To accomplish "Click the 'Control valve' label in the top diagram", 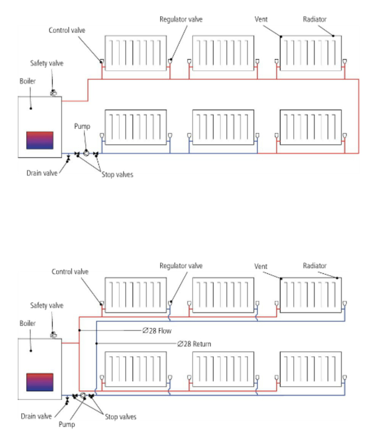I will [x=67, y=30].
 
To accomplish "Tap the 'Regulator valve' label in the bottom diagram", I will [x=181, y=266].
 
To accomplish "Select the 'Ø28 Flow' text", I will [x=157, y=331].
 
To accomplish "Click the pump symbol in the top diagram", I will [x=86, y=153].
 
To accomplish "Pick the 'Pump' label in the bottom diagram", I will [x=67, y=424].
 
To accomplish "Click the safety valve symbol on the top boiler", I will [x=53, y=93].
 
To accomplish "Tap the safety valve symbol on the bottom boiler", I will [x=53, y=335].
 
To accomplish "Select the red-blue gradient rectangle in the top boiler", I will [x=40, y=141].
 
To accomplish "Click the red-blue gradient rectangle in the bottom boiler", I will [x=40, y=382].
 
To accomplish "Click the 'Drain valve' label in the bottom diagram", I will [x=36, y=416].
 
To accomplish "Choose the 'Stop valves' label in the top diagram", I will [x=117, y=175].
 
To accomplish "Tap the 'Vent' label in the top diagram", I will [x=261, y=19].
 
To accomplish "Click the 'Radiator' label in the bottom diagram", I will [x=315, y=266].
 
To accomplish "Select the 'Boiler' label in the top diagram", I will [x=27, y=81].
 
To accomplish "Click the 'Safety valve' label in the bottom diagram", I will [x=47, y=306].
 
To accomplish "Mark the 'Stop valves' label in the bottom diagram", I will [x=120, y=417].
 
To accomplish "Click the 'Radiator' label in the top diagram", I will [x=315, y=19].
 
